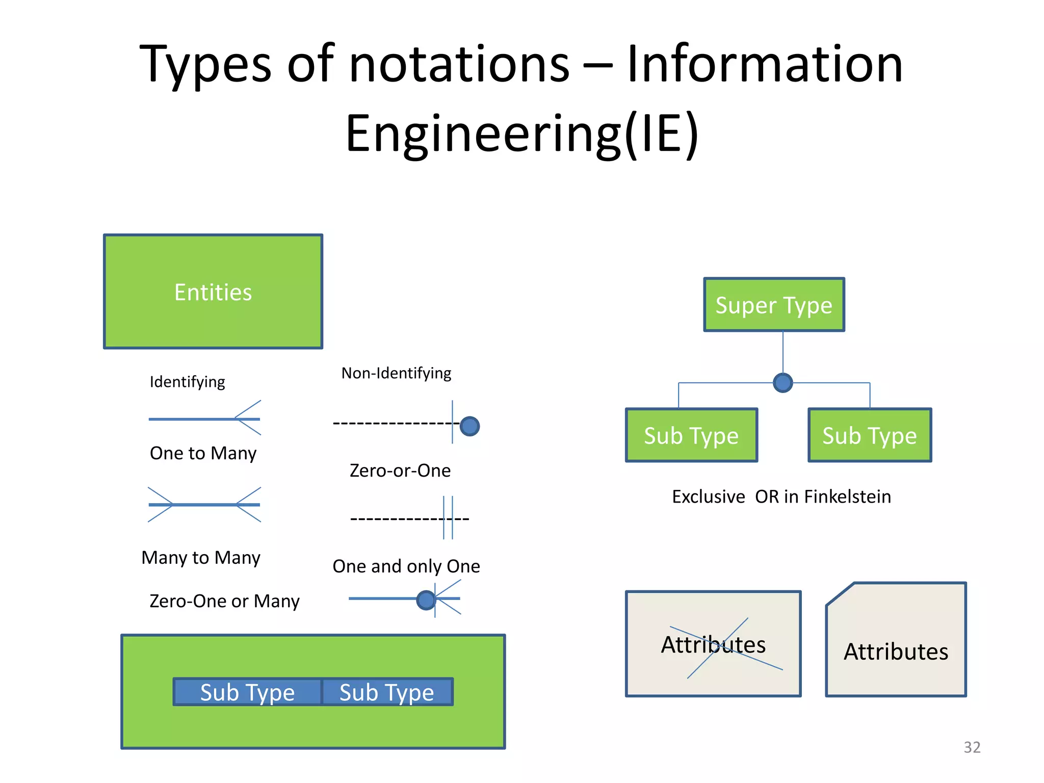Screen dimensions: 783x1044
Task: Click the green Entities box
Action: pos(213,292)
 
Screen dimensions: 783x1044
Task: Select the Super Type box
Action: pos(774,305)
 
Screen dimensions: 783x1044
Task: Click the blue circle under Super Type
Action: pos(782,382)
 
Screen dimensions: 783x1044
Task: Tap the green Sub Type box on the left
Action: pos(691,435)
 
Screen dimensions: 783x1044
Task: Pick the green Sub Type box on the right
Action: pos(870,435)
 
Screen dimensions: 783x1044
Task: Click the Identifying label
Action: pos(187,382)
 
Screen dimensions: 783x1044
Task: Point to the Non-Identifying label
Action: pos(396,373)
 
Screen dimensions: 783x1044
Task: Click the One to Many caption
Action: pos(203,453)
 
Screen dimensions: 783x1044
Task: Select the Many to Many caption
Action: pos(201,558)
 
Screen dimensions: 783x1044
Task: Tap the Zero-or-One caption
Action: pos(400,471)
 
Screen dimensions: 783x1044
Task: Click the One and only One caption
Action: pos(406,566)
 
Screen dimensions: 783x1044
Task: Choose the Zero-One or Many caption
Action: pos(224,601)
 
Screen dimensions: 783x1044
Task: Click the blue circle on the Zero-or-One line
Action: pos(469,426)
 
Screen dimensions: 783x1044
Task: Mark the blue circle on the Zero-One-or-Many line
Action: pos(426,600)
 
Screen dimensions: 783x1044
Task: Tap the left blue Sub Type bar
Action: pos(248,692)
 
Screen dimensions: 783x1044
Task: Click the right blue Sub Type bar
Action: pos(387,692)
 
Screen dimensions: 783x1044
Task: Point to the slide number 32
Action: pos(972,747)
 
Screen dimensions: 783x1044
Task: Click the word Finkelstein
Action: pos(847,497)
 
